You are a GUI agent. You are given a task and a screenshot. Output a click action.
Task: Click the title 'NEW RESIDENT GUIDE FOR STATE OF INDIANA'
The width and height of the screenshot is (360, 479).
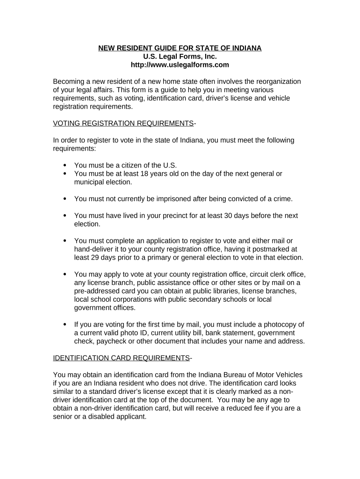180,48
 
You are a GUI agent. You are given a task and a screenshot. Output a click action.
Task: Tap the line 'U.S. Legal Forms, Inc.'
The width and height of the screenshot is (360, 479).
180,57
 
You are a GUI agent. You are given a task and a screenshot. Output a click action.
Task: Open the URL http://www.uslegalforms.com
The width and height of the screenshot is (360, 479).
180,65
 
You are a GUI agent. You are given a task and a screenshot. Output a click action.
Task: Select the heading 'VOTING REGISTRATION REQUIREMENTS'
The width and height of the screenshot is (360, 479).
123,123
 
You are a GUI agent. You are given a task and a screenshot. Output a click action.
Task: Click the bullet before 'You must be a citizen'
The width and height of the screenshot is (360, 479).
65,166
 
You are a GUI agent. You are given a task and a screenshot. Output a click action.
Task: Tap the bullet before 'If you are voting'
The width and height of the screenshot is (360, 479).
65,325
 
